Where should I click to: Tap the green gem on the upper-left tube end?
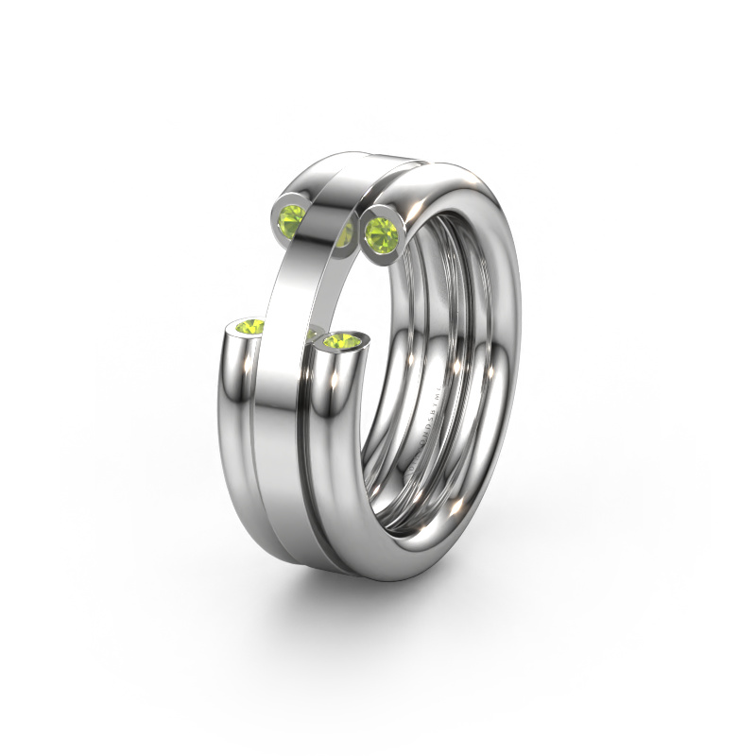294,218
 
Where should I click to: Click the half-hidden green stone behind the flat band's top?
343,236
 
